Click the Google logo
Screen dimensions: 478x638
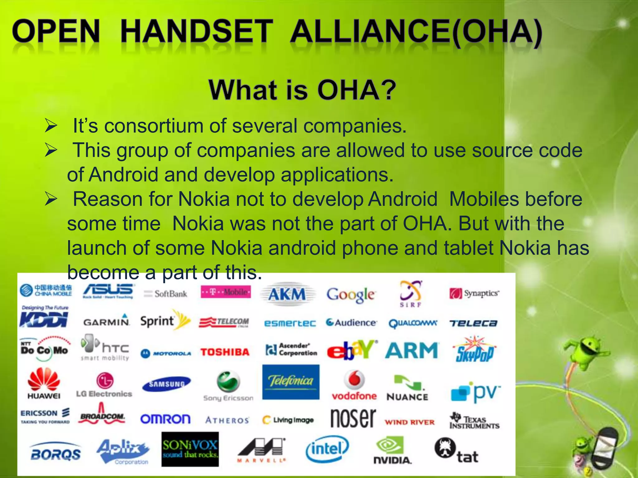pos(351,294)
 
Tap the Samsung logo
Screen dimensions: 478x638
pos(166,384)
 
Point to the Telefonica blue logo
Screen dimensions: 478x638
pos(291,382)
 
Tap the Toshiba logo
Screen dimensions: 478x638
pos(225,352)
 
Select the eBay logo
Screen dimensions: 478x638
pos(352,350)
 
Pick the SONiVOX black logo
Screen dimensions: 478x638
pos(190,449)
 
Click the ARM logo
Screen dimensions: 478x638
pos(412,350)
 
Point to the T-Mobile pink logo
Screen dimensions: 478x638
pos(226,292)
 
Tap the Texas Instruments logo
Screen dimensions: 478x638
pos(474,421)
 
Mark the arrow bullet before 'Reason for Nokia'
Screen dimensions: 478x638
pos(51,199)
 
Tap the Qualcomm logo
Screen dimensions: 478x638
pos(413,323)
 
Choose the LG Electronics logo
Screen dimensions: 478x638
pos(104,385)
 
